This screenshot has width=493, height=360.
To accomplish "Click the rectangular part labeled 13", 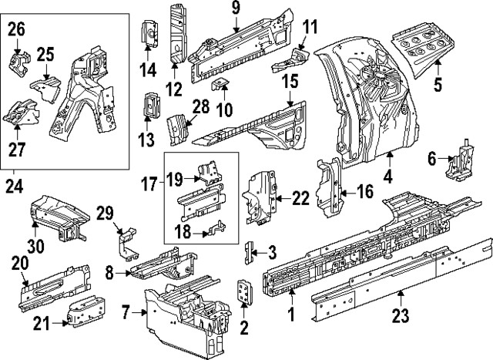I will tap(149, 106).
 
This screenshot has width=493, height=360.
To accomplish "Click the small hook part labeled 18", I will tap(218, 226).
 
